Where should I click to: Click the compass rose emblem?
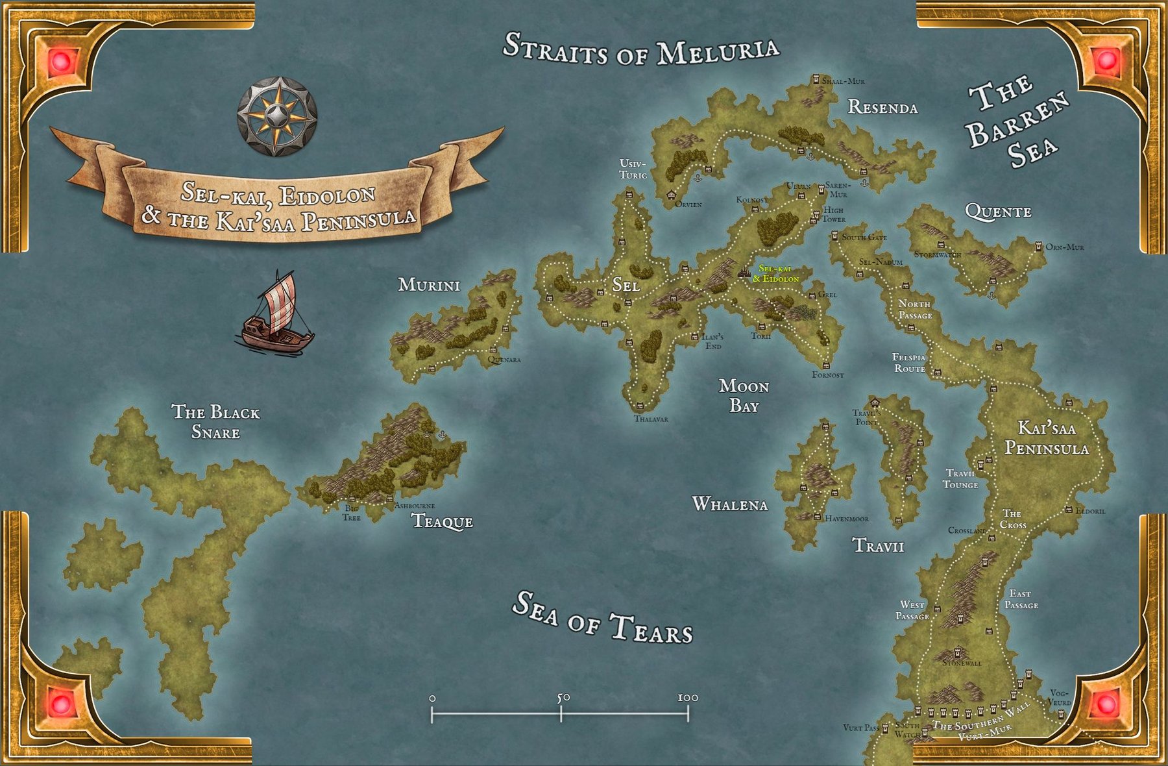coord(277,117)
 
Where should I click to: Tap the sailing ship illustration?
coord(276,314)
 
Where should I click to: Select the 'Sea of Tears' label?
coord(602,618)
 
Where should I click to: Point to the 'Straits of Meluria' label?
coord(641,49)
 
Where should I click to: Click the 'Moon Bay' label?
coord(744,396)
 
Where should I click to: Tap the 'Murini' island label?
coord(429,285)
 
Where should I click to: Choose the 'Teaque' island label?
coord(443,521)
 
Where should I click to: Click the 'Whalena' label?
coord(730,504)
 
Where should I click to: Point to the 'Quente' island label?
coord(998,212)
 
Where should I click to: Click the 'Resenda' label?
coord(882,108)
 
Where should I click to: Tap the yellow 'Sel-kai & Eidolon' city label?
coord(775,274)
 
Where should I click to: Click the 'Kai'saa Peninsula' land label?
coord(1046,438)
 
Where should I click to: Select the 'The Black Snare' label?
coord(215,422)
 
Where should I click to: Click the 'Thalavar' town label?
coord(651,419)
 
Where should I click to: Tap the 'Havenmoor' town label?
coord(846,519)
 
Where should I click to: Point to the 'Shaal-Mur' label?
coord(843,81)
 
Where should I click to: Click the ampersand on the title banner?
coord(151,215)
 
